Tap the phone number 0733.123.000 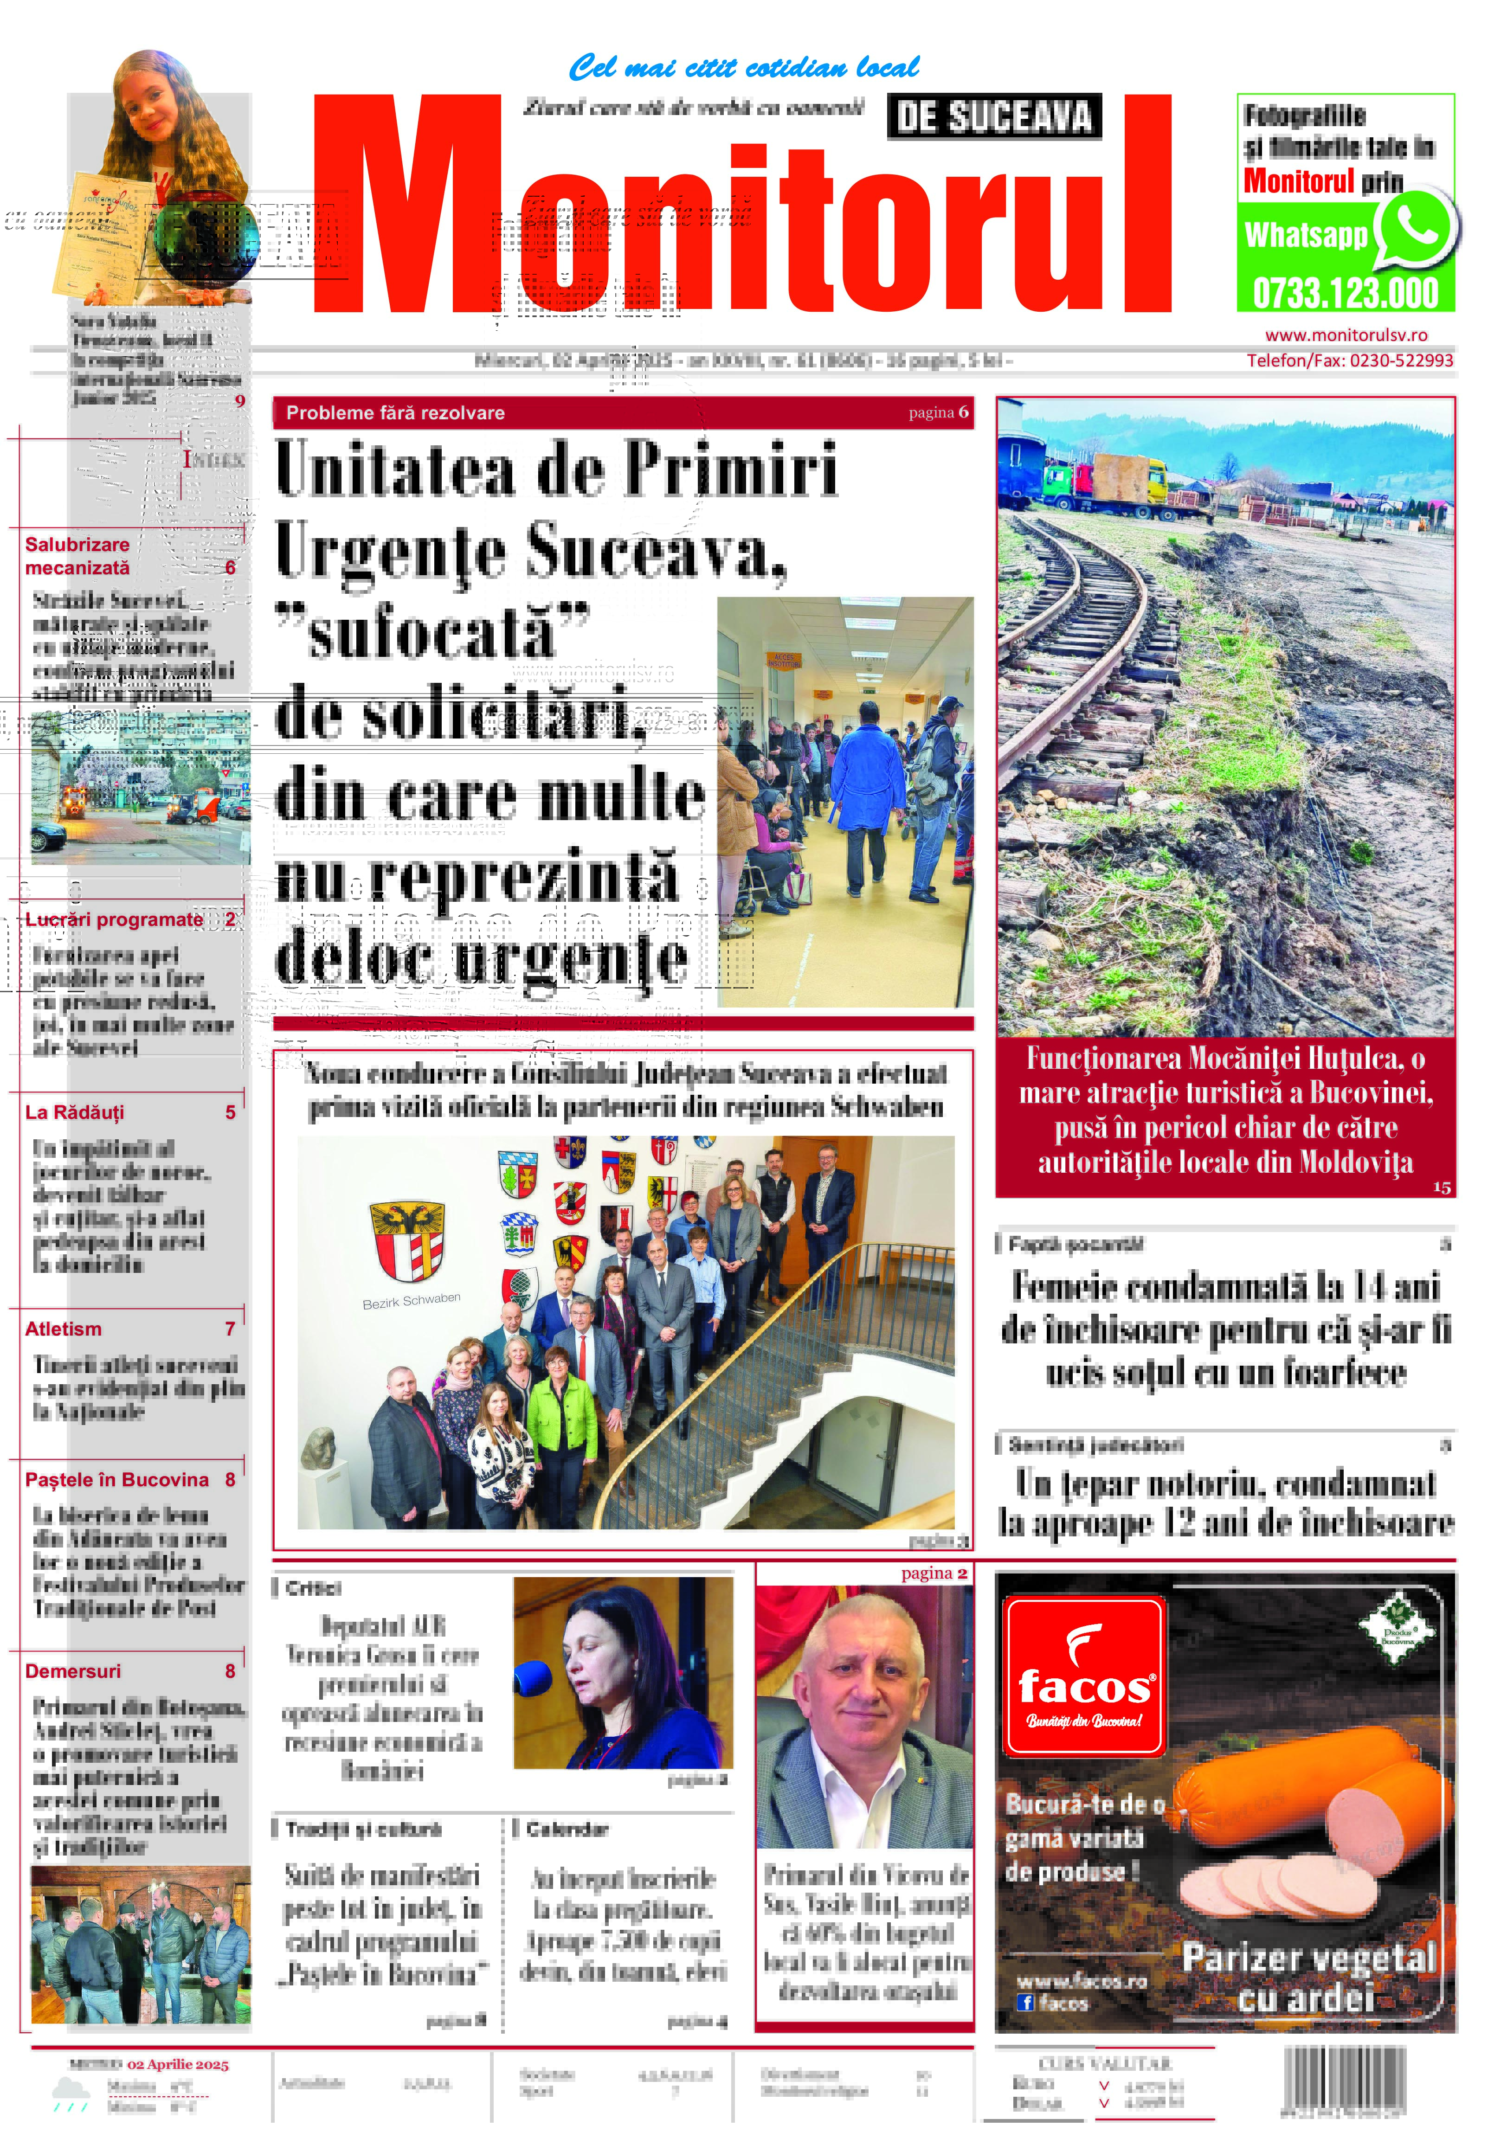1346,294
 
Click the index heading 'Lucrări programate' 113,919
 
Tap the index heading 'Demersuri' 72,1670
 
